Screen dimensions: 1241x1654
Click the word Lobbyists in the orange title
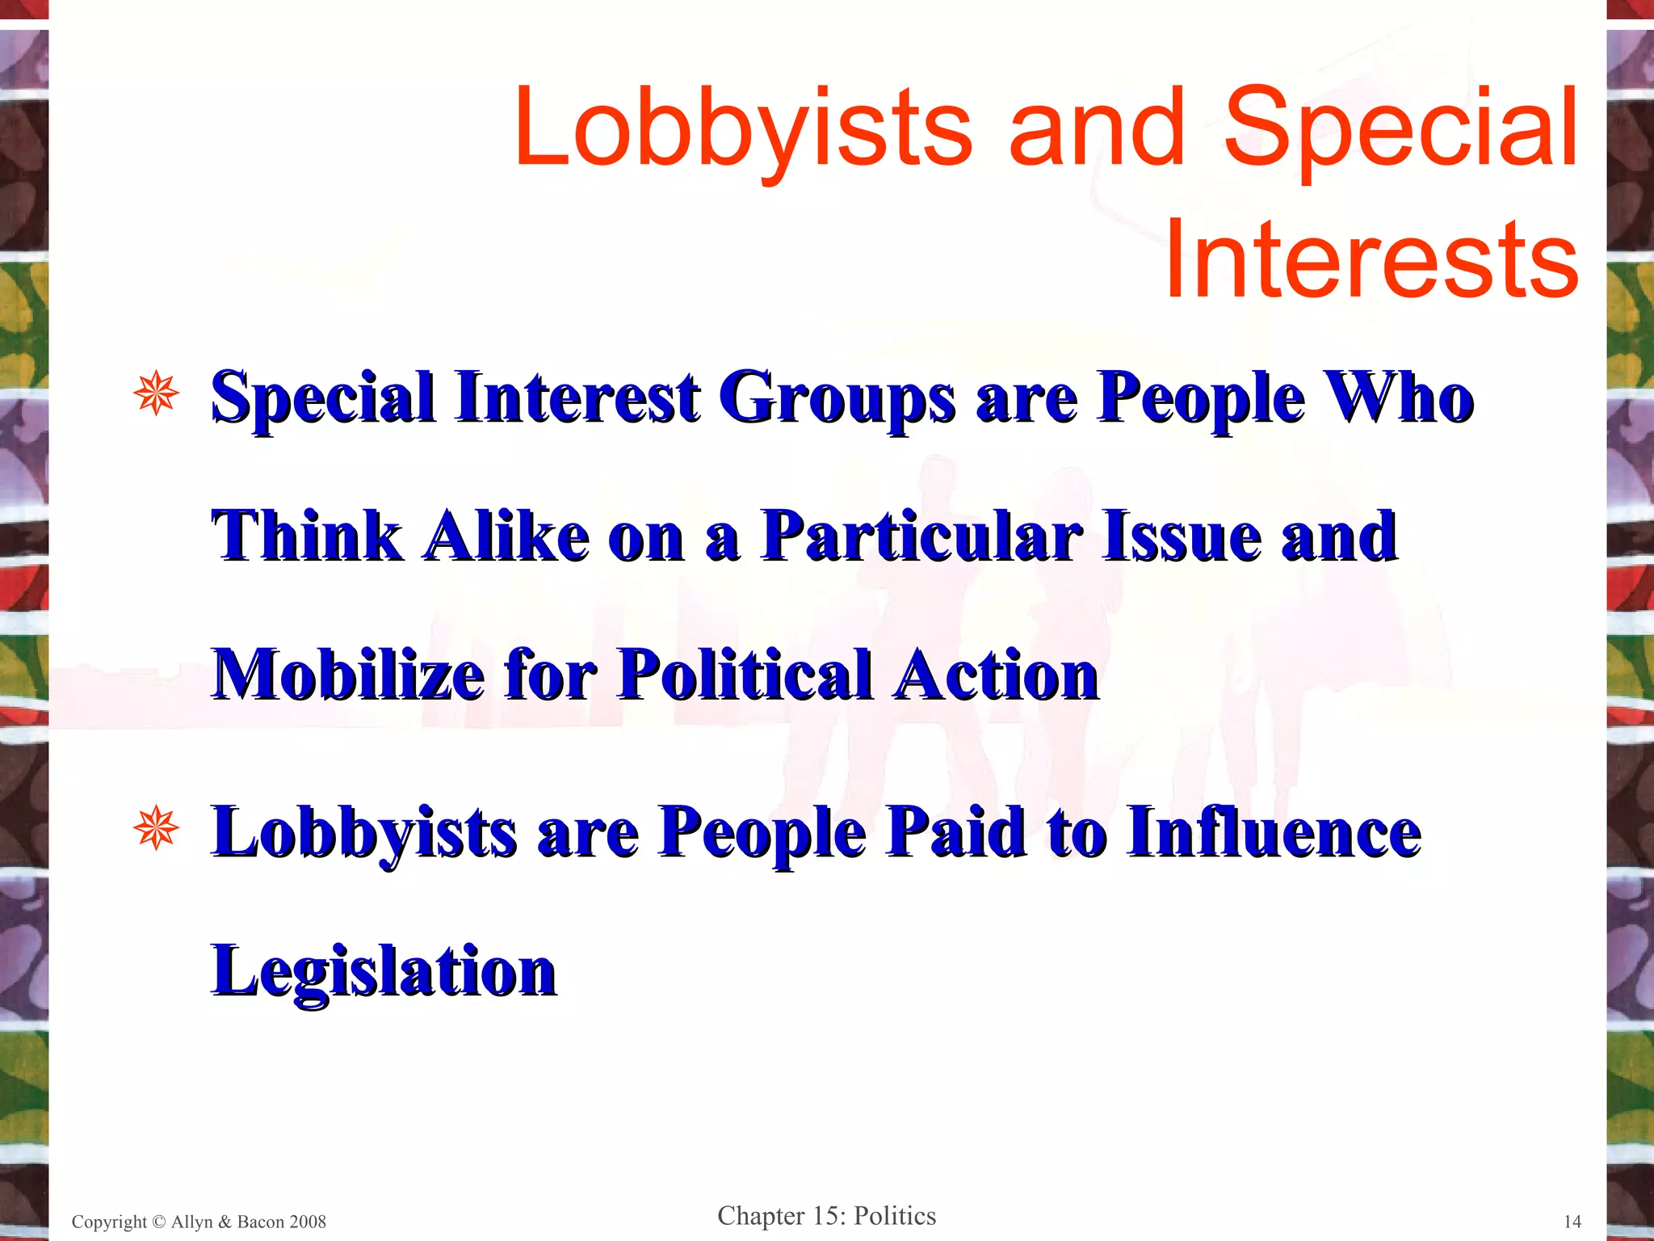point(743,129)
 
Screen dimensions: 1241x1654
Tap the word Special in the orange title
point(1400,129)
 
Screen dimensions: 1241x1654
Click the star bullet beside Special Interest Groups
point(156,395)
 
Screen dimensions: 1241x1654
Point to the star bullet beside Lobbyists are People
point(156,829)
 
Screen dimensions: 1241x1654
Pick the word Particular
point(922,536)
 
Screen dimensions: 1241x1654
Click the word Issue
point(1182,536)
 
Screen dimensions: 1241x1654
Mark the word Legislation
point(384,972)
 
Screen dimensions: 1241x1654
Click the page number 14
point(1572,1222)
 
